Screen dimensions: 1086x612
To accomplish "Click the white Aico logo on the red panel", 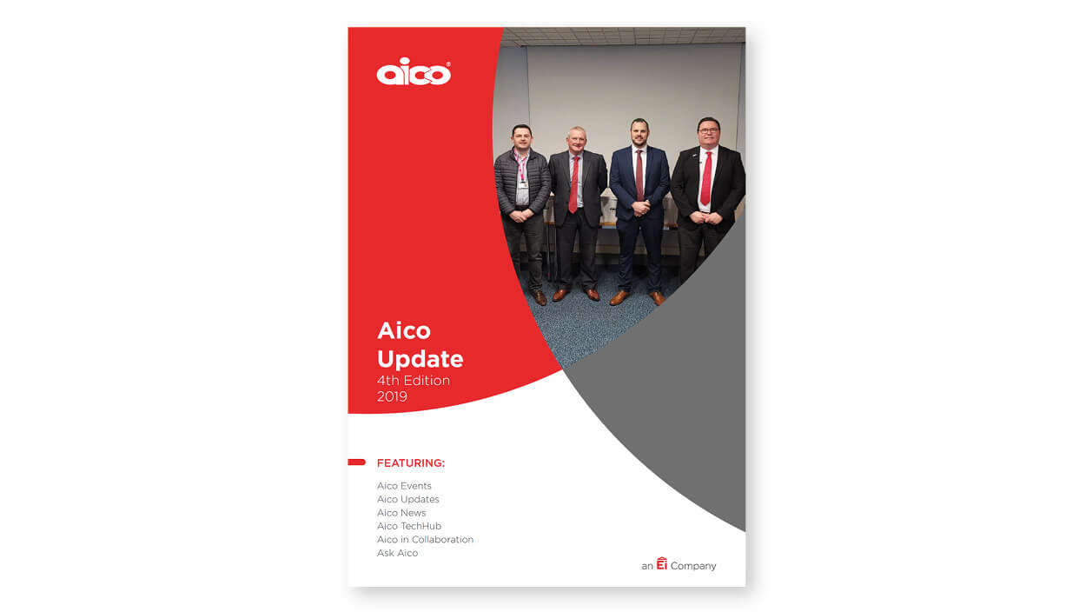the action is click(414, 72).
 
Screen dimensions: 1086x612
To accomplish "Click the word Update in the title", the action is click(420, 359).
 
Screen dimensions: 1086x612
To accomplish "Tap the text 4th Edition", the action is click(414, 381).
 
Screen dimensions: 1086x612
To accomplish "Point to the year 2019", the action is click(392, 396).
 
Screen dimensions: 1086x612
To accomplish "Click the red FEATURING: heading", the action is click(411, 463).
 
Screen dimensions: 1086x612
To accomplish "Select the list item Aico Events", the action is click(404, 486).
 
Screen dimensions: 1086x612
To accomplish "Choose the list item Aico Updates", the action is click(408, 500).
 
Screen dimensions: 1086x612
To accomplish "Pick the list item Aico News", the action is click(401, 513).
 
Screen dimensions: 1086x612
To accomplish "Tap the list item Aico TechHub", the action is click(409, 526).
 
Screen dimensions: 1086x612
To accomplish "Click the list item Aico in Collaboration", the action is click(425, 540).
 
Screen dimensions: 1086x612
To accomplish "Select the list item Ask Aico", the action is click(398, 554).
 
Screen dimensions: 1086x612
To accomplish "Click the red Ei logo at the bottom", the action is click(662, 563).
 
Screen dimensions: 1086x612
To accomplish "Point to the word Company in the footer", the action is click(693, 567).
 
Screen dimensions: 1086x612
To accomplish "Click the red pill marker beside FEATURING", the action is click(357, 462).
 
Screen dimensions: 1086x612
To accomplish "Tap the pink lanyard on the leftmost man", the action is click(520, 166).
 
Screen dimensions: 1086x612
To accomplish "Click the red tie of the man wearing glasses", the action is click(707, 178).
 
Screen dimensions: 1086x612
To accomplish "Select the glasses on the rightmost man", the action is click(708, 130).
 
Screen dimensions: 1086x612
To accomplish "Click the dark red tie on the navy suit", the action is click(639, 176).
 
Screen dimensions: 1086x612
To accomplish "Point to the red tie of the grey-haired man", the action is click(574, 184).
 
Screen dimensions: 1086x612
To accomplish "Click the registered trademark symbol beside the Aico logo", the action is click(448, 64).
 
